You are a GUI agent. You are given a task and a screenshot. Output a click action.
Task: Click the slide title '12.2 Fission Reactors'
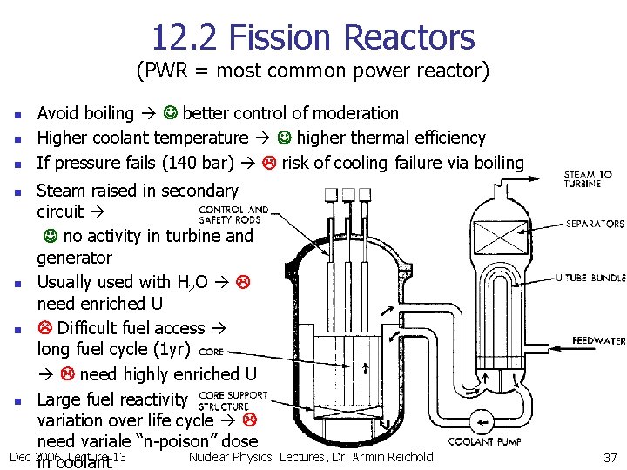313,37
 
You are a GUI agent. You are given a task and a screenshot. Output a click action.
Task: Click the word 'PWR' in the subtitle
165,70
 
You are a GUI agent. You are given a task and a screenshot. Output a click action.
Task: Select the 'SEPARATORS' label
595,225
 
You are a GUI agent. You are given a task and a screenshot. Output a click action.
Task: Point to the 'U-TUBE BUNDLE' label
590,279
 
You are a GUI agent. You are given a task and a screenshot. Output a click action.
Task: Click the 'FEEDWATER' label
598,340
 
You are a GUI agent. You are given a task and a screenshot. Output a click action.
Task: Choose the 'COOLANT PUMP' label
485,442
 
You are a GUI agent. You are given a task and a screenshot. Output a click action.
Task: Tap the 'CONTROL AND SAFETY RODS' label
233,215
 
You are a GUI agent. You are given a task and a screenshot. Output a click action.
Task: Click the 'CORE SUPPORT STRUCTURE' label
233,400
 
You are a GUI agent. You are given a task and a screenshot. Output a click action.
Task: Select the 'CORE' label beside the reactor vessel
211,352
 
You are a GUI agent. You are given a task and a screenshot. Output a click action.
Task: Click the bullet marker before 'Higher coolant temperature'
17,138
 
